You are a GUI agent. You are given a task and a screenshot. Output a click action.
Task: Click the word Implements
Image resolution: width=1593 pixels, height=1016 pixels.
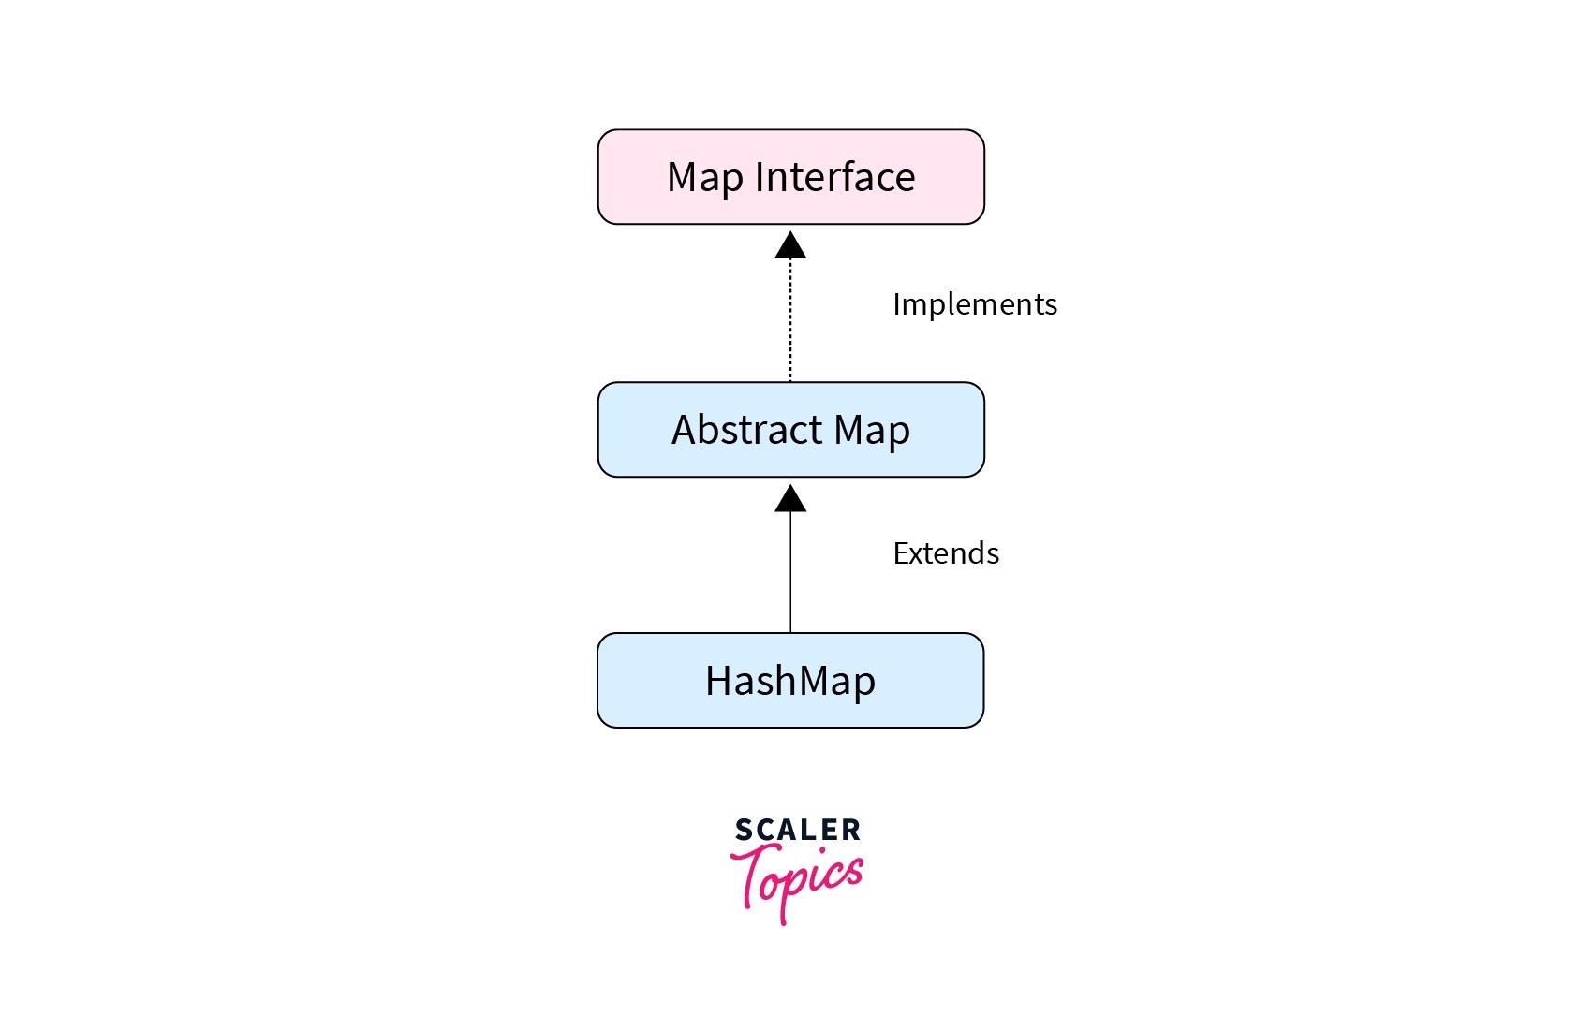point(974,304)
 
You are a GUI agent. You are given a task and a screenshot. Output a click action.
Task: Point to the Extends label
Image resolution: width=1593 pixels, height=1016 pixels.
point(946,553)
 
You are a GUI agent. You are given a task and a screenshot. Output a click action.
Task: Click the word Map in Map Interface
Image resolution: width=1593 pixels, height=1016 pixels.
point(704,178)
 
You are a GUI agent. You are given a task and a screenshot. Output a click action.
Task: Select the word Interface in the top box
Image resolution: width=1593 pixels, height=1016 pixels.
point(834,177)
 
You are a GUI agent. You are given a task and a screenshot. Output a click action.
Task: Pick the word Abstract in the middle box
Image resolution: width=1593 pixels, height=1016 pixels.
point(746,430)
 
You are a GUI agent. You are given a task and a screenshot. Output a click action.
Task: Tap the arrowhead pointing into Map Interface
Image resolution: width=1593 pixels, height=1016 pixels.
point(790,245)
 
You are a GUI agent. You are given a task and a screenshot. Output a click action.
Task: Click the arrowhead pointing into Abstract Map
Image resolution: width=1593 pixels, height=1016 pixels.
point(790,499)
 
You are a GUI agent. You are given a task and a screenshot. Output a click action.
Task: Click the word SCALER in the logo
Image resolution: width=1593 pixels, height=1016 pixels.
point(797,830)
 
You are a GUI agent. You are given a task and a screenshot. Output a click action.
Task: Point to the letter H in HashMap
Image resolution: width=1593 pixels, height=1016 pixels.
point(718,681)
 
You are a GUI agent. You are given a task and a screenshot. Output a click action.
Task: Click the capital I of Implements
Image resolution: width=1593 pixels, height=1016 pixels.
point(897,304)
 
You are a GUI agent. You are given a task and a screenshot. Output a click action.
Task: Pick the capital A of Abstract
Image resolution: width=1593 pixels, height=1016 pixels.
point(685,430)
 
